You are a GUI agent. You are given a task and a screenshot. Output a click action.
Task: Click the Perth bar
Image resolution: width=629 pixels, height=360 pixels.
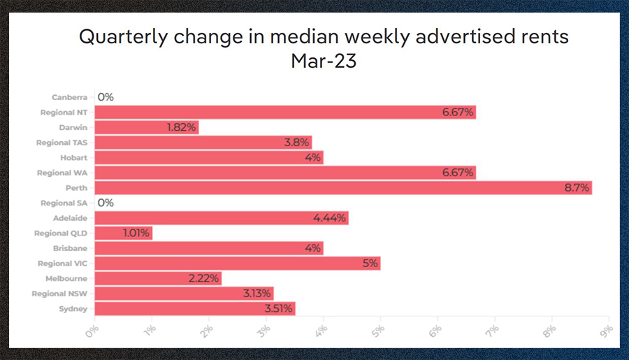[x=342, y=187]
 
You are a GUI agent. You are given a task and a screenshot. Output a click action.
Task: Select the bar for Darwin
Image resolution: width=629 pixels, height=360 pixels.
[x=146, y=127]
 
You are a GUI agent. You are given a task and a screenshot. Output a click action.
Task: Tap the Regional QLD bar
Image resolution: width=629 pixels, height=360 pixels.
[x=122, y=233]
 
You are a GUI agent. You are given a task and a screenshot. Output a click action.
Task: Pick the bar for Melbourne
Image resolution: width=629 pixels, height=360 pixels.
[x=157, y=278]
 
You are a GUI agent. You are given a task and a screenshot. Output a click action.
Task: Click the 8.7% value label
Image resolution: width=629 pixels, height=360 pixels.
[x=577, y=187]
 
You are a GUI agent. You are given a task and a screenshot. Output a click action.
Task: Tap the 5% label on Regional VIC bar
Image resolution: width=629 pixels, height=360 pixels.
[x=370, y=263]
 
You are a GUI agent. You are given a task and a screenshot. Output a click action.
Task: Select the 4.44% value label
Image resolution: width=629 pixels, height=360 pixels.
[x=331, y=218]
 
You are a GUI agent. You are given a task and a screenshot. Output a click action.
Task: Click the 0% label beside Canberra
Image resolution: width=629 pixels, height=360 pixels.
[x=105, y=97]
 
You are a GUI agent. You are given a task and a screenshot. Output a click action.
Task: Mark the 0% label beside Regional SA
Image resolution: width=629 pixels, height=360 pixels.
[x=105, y=203]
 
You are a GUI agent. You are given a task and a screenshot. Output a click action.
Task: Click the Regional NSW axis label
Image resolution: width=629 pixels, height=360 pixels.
[x=59, y=294]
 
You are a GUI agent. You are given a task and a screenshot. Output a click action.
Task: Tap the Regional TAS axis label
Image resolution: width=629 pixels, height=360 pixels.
[x=62, y=143]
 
